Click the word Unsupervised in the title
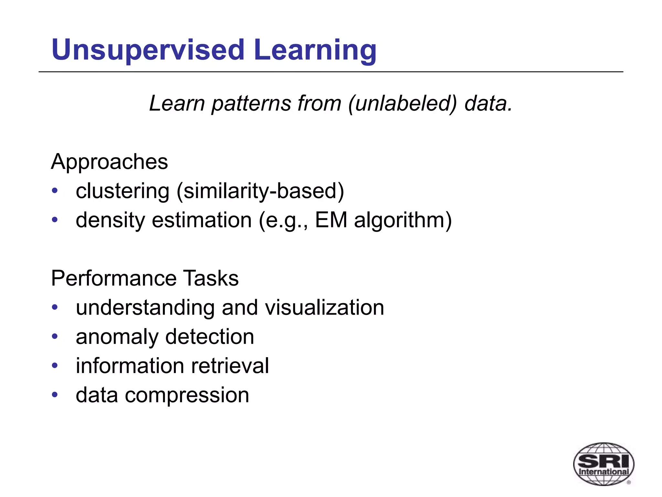click(148, 50)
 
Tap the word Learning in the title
click(315, 50)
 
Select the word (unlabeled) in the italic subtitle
click(403, 104)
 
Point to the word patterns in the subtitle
click(251, 104)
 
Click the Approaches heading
click(109, 162)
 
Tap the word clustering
click(123, 191)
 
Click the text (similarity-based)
click(260, 191)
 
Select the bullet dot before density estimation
click(55, 220)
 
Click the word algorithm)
click(403, 220)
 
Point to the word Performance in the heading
click(113, 278)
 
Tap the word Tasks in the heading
click(211, 278)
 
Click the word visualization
click(325, 307)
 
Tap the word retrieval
click(230, 366)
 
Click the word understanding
click(145, 307)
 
